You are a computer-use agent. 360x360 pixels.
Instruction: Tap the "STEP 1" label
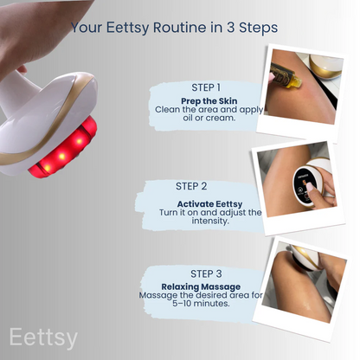(x=206, y=87)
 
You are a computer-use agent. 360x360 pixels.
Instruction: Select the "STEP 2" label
(x=191, y=185)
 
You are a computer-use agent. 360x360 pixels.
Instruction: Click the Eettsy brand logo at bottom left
(x=43, y=336)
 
